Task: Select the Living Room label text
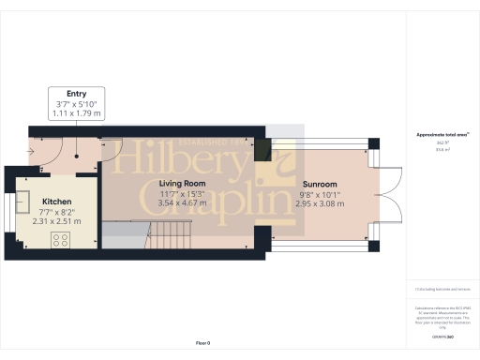pos(183,184)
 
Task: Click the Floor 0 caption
pos(202,344)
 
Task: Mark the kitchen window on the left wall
pos(10,207)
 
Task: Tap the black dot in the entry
pos(78,157)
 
